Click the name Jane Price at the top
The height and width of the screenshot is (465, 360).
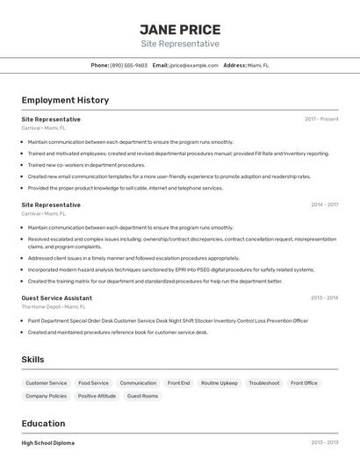[x=180, y=29]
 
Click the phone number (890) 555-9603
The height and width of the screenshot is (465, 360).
[x=128, y=65]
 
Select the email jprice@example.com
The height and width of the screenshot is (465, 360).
[x=193, y=65]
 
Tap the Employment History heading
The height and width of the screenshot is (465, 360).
[x=65, y=100]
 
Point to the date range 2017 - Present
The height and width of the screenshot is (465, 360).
[x=321, y=119]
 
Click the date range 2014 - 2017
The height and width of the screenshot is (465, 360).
[x=324, y=205]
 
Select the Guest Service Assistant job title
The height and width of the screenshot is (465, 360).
[x=57, y=298]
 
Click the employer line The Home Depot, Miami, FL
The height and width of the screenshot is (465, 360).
[x=54, y=307]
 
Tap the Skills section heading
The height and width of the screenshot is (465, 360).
[x=33, y=360]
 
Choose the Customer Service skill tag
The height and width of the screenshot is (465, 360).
[x=46, y=383]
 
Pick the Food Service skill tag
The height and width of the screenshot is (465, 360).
[x=93, y=383]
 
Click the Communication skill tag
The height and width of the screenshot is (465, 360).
[x=138, y=383]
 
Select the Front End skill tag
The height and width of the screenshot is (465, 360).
[x=178, y=383]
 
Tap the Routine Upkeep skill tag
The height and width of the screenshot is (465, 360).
[x=219, y=383]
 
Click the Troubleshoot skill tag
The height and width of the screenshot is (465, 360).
[x=263, y=383]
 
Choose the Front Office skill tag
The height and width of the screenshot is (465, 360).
[x=304, y=383]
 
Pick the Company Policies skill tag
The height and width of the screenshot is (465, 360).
[x=46, y=397]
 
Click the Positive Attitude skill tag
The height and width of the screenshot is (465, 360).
[x=97, y=397]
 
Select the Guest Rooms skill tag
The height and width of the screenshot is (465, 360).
[x=142, y=397]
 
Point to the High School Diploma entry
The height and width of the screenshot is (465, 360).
[x=47, y=443]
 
